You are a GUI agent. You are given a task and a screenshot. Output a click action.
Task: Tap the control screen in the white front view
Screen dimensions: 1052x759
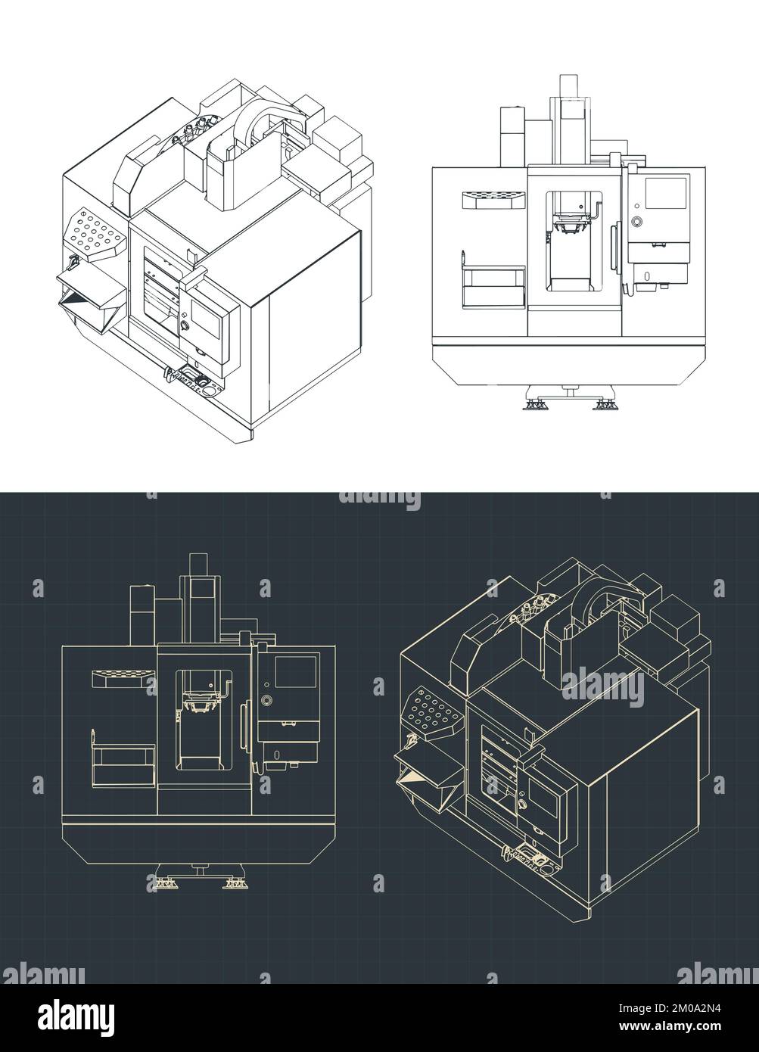(666, 193)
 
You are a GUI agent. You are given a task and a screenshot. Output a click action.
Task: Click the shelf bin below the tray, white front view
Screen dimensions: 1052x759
(493, 288)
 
